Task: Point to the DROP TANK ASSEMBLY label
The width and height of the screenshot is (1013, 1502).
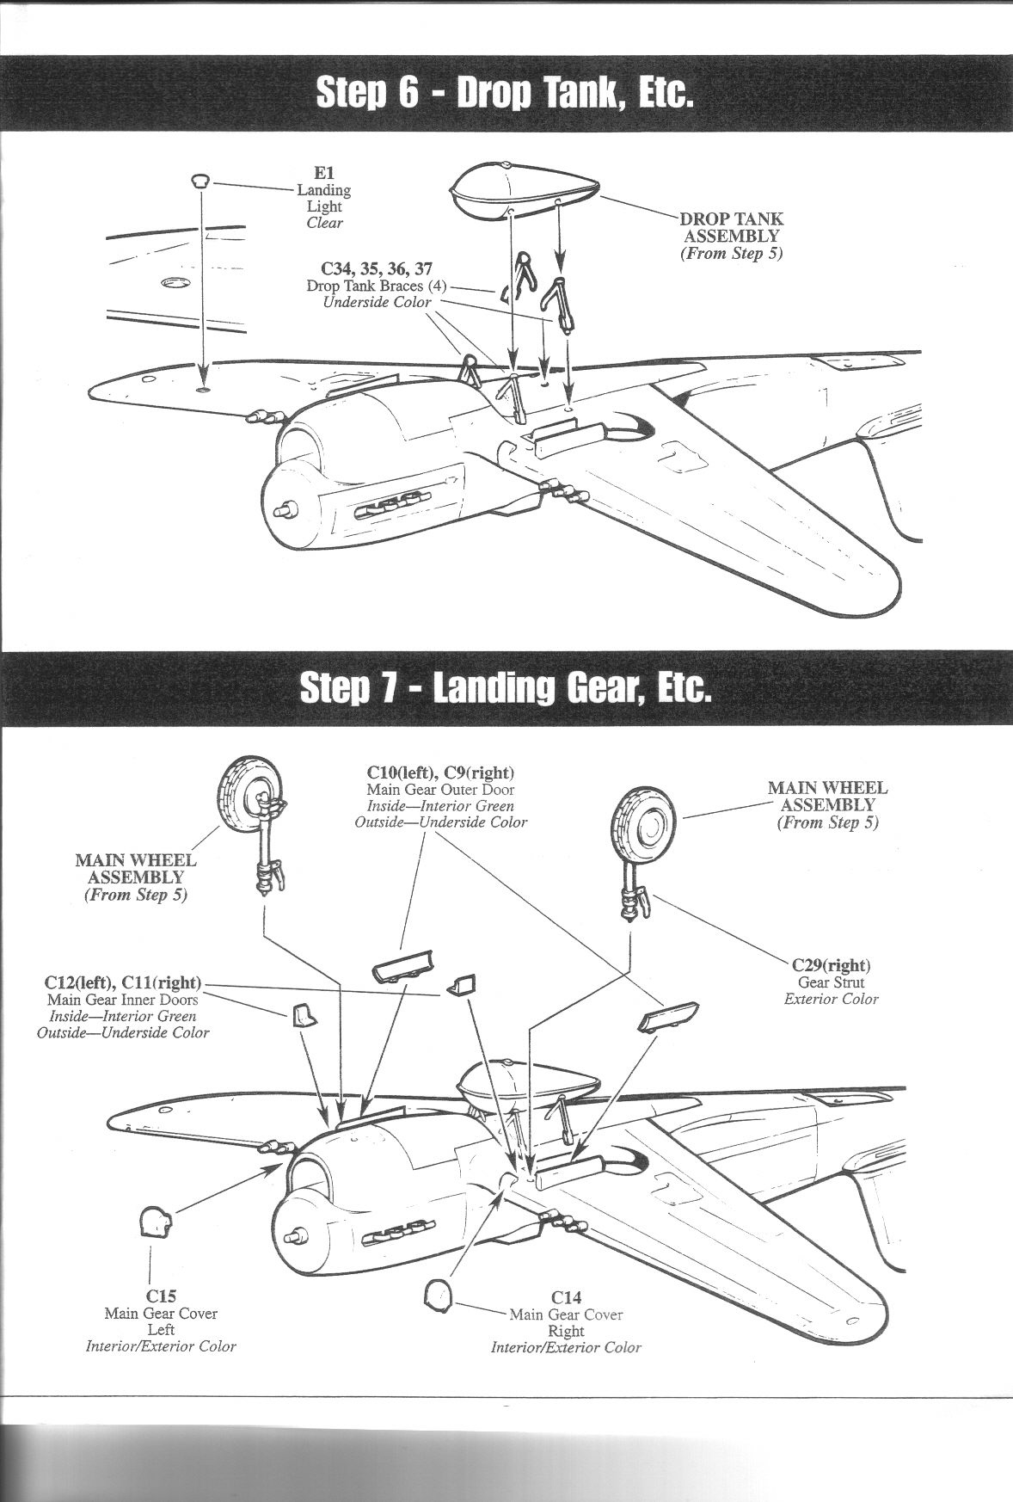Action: [x=730, y=227]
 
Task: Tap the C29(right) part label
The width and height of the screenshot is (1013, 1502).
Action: [x=831, y=964]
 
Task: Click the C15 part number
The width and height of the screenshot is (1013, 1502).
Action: [x=161, y=1296]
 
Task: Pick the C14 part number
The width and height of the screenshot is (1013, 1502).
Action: [x=567, y=1297]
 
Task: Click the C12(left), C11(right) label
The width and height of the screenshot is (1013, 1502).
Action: [x=123, y=982]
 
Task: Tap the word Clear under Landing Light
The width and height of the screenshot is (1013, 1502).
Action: [x=324, y=223]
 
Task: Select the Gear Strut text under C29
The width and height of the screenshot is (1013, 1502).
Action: [x=831, y=982]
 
